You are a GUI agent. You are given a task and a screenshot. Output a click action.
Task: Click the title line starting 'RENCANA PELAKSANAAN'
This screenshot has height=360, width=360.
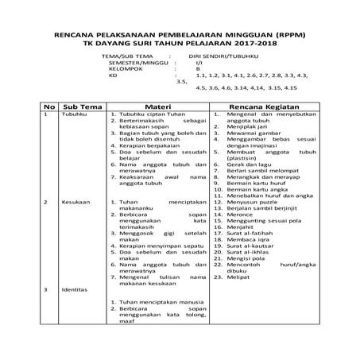click(179, 36)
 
